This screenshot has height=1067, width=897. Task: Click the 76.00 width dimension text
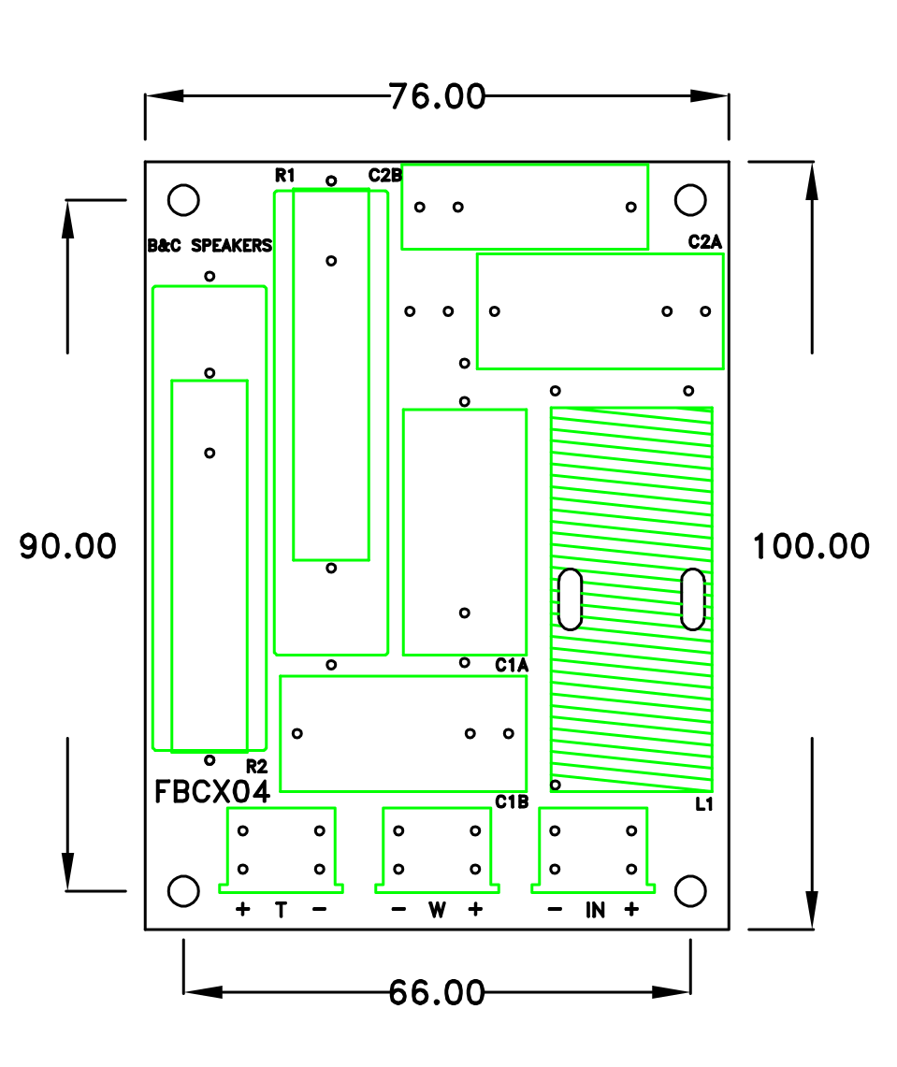[x=438, y=96]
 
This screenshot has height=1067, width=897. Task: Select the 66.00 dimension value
[x=437, y=992]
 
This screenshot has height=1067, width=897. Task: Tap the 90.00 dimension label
[x=68, y=546]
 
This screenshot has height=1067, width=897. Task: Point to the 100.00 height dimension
[x=811, y=546]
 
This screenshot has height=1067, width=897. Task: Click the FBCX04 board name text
[x=212, y=792]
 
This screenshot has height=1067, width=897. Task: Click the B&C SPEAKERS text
[x=210, y=246]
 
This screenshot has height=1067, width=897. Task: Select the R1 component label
[x=285, y=175]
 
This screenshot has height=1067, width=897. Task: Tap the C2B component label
[x=384, y=175]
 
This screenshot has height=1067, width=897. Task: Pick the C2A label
[x=705, y=241]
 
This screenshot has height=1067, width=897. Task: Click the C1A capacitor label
[x=513, y=665]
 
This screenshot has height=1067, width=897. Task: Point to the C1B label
[x=513, y=801]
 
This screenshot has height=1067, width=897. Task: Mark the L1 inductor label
[x=704, y=803]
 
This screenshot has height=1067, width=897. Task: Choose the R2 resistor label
[x=256, y=765]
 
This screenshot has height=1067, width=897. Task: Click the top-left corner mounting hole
[x=183, y=199]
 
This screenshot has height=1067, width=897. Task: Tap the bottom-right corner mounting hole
[x=690, y=891]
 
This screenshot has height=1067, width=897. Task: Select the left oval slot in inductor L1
[x=570, y=598]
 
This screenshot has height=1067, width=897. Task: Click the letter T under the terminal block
[x=281, y=909]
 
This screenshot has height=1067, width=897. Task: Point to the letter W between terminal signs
[x=437, y=909]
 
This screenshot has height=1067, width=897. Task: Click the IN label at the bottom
[x=595, y=909]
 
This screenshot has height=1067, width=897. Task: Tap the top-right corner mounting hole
[x=690, y=199]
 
